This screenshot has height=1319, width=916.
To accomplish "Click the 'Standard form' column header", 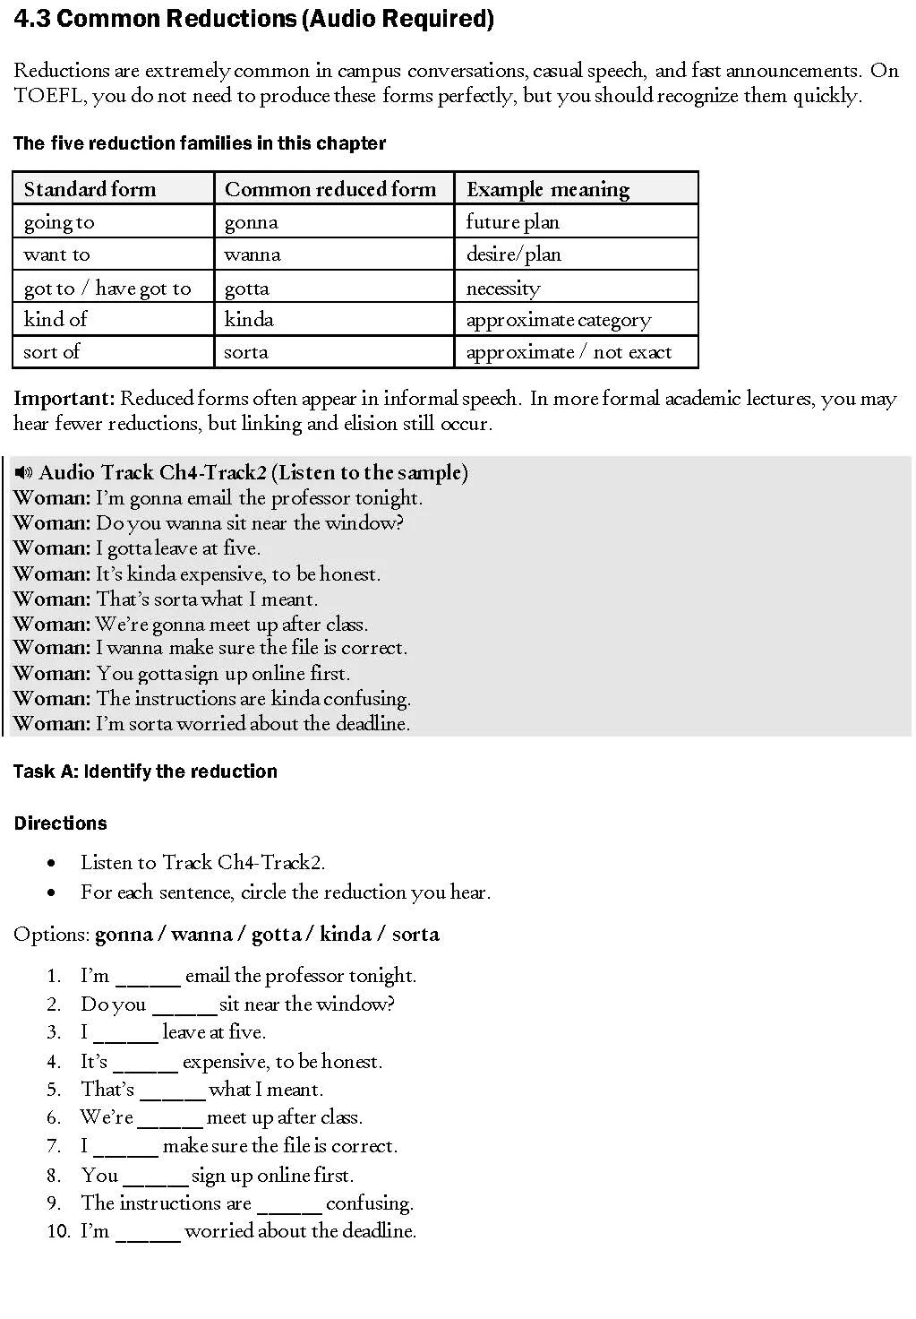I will [x=90, y=189].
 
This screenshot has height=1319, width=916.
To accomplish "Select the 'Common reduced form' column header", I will [x=330, y=189].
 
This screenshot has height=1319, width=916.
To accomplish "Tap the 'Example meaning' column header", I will [x=547, y=189].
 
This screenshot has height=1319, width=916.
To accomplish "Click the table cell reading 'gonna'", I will [x=252, y=222].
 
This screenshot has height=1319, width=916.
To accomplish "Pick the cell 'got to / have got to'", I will [x=107, y=288].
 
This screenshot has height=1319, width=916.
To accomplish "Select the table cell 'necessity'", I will [x=503, y=288].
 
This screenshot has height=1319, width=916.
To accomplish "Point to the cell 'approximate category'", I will [x=559, y=320].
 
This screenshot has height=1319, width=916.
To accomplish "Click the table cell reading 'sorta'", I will [x=246, y=352].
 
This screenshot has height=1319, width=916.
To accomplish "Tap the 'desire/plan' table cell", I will [x=514, y=254].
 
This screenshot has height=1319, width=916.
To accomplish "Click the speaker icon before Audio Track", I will [x=23, y=472].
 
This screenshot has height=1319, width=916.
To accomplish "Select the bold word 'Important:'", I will [x=64, y=399].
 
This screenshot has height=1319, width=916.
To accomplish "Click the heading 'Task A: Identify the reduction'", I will [x=145, y=772].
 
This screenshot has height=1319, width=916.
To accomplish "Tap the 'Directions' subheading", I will [x=60, y=823].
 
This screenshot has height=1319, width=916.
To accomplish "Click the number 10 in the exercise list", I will [x=58, y=1231].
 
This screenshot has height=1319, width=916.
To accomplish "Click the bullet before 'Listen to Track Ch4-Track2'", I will [x=53, y=864].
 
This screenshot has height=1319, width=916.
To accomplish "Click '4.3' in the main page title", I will [x=32, y=19].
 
